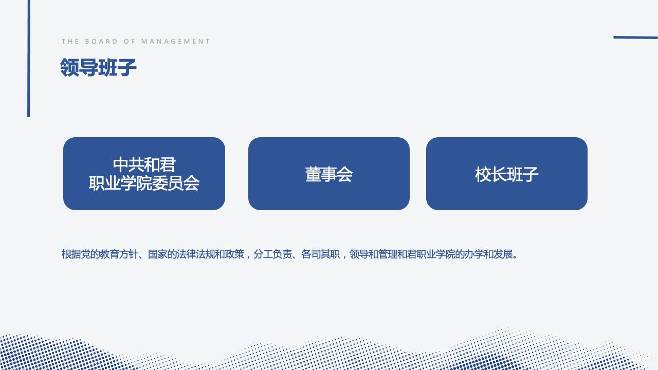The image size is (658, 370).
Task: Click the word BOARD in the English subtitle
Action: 101,42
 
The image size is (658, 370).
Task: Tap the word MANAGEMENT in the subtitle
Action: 176,42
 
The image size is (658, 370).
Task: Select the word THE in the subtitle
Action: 70,42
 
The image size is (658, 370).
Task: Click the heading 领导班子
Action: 98,67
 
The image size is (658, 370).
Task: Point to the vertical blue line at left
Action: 28,59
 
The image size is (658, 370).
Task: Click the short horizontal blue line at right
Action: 635,38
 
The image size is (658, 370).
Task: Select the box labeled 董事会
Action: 328,174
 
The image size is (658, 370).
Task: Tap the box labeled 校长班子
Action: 507,174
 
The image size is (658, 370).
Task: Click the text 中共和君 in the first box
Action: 144,164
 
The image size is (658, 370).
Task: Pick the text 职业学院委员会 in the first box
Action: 144,183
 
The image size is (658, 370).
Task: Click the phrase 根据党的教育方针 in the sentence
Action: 100,254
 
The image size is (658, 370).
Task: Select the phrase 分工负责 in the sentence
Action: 272,254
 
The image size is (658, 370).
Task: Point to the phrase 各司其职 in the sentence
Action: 320,254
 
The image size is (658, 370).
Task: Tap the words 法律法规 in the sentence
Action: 196,254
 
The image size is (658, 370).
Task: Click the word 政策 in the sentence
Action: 234,254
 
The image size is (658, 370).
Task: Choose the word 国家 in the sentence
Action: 157,254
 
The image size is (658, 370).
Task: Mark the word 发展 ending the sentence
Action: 503,254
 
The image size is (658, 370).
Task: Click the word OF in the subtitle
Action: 129,42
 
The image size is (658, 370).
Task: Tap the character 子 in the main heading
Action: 127,67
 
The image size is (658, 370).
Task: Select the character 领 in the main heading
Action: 69,67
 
